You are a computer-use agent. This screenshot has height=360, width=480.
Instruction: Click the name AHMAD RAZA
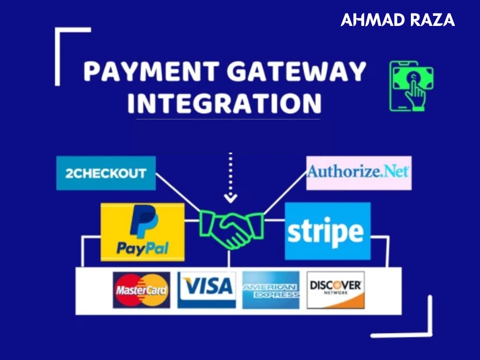pos(397,20)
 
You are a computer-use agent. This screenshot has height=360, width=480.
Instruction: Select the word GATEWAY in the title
pos(296,71)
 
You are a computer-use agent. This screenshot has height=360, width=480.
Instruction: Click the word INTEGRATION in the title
pos(224,103)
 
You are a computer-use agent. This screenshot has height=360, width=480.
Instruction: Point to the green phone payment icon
pos(411,86)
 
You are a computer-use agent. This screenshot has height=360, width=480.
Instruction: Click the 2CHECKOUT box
pos(106,173)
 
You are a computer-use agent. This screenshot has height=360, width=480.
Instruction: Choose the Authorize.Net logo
pos(359,173)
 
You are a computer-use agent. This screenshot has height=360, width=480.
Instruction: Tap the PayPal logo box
pos(143,232)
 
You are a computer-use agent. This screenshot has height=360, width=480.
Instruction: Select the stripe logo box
pos(327,231)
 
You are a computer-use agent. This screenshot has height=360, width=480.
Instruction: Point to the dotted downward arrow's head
pos(230,198)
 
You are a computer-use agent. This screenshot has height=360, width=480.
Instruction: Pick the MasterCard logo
pos(142,290)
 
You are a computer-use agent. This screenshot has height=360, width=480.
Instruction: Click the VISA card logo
pos(206,290)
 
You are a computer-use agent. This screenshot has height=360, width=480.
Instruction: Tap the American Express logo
pos(271,290)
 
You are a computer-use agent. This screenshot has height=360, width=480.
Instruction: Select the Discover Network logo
pos(336,290)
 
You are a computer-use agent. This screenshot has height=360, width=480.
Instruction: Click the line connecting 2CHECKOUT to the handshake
pos(178,192)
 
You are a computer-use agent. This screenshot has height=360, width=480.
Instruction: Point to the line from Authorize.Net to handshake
pos(285,193)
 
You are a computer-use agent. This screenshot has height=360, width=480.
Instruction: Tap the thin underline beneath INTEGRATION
pos(228,119)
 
